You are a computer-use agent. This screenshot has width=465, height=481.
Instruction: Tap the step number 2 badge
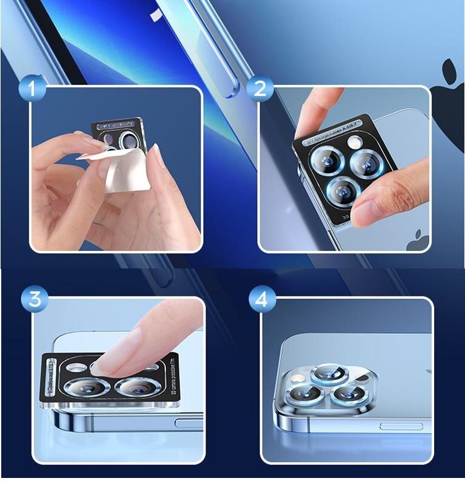point(260,89)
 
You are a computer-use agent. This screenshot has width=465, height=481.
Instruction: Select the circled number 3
point(35,299)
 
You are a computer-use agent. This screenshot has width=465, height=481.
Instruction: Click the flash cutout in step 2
point(355,143)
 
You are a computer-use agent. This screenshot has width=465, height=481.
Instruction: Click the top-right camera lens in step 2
point(367,162)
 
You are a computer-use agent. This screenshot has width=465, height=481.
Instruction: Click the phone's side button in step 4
point(401,426)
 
